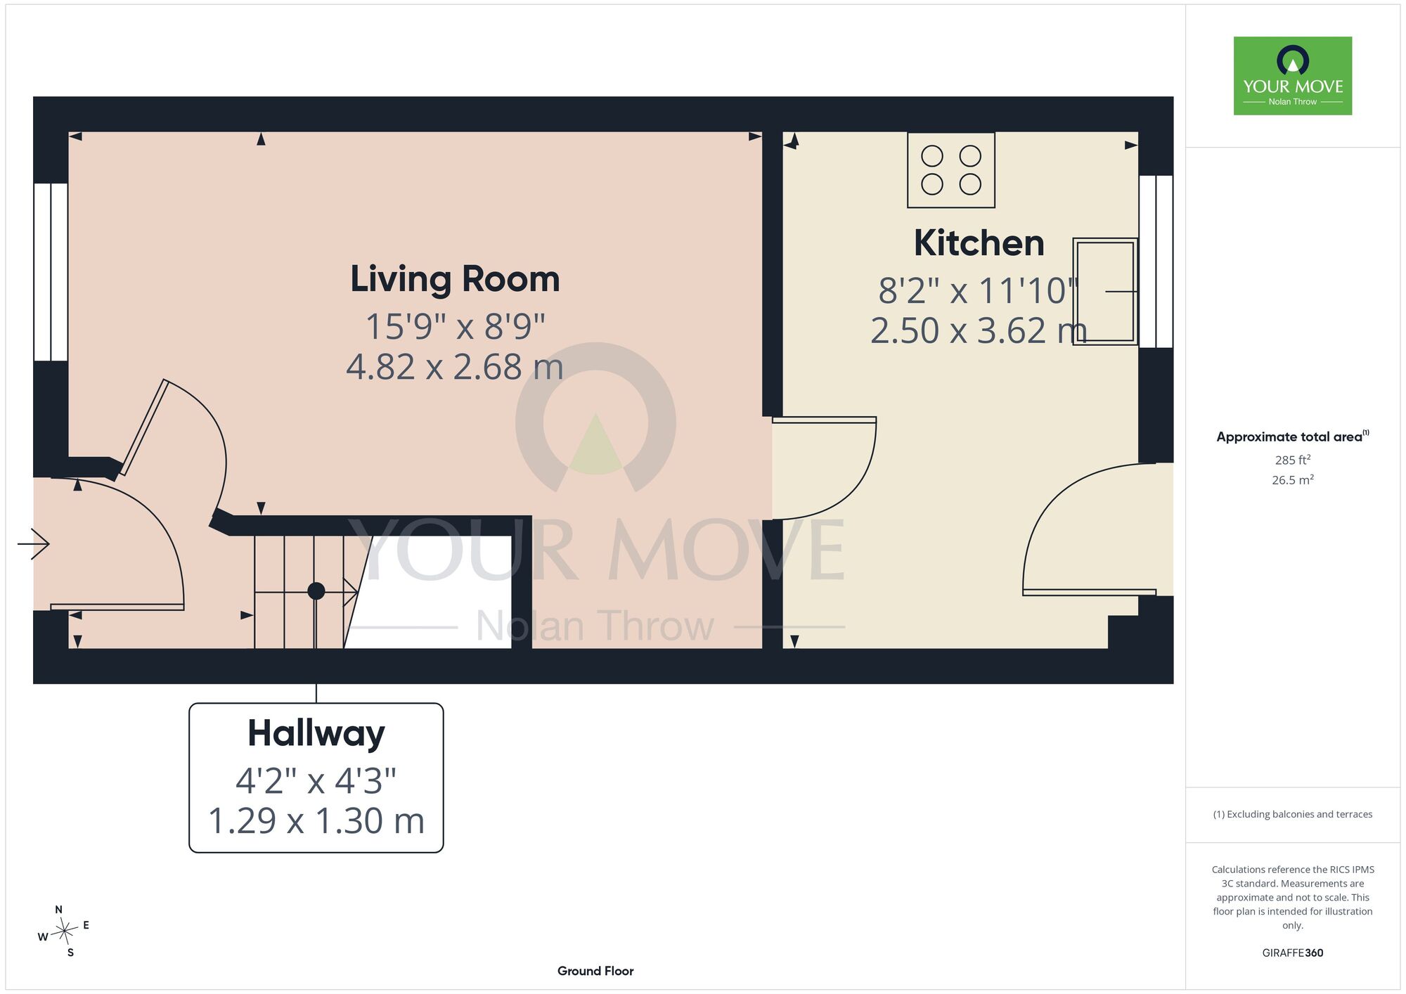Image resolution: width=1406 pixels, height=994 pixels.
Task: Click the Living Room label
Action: point(455,279)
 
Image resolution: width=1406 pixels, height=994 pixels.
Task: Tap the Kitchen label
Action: point(979,243)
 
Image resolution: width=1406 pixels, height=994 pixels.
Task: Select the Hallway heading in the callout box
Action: point(316,734)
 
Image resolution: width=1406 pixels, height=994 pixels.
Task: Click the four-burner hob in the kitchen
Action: point(951,170)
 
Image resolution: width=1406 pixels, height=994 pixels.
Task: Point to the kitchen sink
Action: point(1105,291)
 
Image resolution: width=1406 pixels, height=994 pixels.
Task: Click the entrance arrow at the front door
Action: point(33,544)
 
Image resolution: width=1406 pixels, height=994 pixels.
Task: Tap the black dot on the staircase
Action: point(316,591)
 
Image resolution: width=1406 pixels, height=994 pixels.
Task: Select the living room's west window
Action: point(51,273)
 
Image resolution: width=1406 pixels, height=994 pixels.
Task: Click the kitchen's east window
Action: point(1156,262)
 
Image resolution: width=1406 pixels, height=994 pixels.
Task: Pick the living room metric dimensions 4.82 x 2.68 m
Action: point(455,367)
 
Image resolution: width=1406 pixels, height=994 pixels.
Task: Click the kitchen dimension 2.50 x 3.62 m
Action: point(979,330)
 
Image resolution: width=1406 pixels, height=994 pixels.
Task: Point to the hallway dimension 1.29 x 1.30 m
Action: point(316,820)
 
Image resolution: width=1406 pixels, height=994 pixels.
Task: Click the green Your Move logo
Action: point(1293,76)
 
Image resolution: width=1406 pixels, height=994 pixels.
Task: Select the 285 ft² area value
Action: point(1293,460)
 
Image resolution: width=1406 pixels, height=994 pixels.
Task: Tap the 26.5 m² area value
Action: point(1293,480)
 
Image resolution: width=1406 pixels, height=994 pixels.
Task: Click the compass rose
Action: point(65,931)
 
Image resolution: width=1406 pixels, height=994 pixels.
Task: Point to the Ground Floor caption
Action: point(595,971)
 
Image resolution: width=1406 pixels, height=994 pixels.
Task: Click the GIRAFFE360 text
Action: point(1293,953)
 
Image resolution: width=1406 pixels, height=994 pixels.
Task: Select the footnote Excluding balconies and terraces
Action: point(1293,814)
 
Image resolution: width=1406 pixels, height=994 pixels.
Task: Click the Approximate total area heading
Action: point(1293,437)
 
